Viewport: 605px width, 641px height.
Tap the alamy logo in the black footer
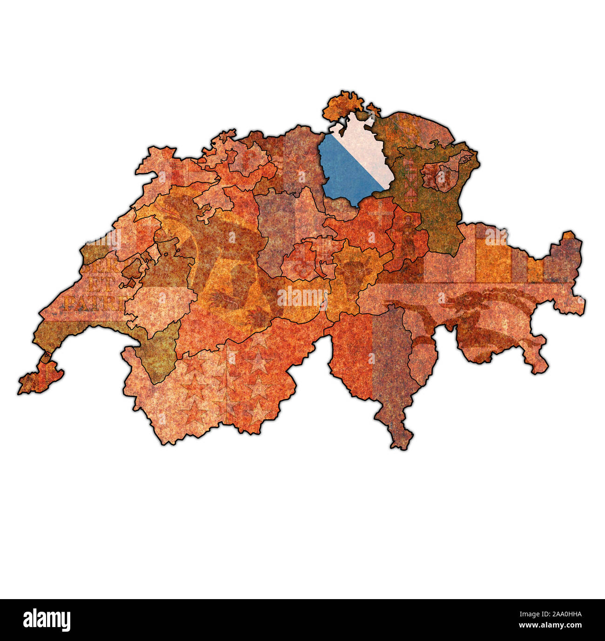click(47, 620)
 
